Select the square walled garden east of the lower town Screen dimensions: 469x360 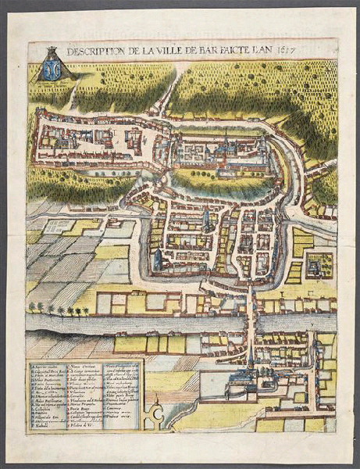(319, 264)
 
